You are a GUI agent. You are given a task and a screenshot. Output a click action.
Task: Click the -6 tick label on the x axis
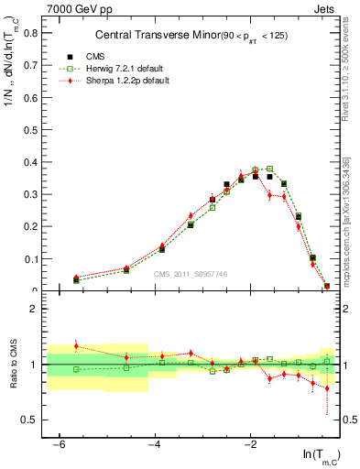click(58, 444)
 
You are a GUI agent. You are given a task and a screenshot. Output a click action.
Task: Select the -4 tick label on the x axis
click(154, 444)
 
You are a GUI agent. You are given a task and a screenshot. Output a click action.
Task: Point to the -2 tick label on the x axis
click(249, 444)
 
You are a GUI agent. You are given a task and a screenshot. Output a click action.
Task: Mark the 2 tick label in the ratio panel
click(30, 309)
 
